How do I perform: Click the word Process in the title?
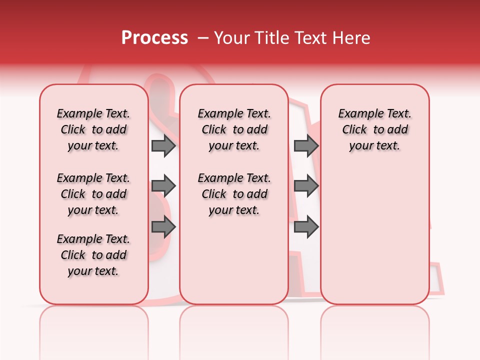(x=154, y=38)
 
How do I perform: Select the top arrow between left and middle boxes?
(x=163, y=145)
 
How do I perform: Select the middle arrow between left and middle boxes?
(x=163, y=186)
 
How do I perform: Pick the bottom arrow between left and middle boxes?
(x=163, y=226)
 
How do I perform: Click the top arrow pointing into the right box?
(x=306, y=145)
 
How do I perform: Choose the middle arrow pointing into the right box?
(x=306, y=186)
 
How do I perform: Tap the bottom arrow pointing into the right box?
(x=306, y=226)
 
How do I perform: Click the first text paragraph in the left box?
(x=93, y=129)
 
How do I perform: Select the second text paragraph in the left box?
(x=93, y=194)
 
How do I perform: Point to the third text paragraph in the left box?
(x=93, y=255)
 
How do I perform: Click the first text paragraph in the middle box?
(x=234, y=129)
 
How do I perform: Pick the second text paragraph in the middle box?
(x=234, y=194)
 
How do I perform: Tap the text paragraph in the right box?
(x=375, y=129)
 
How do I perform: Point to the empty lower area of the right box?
(x=375, y=230)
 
